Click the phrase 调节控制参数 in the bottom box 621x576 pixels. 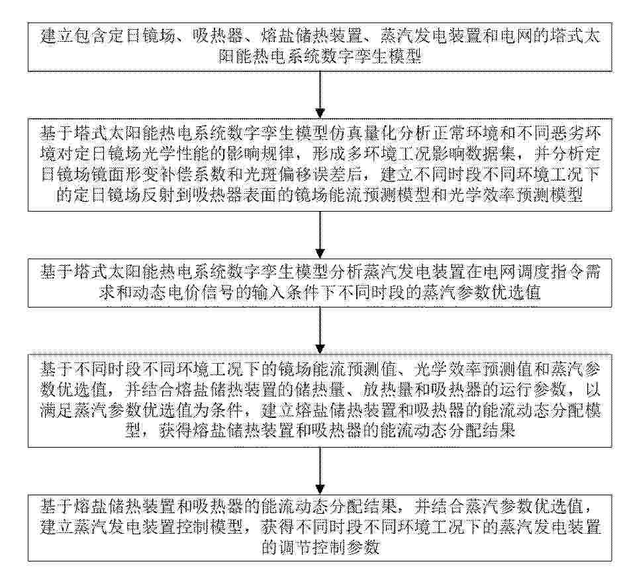330,548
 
